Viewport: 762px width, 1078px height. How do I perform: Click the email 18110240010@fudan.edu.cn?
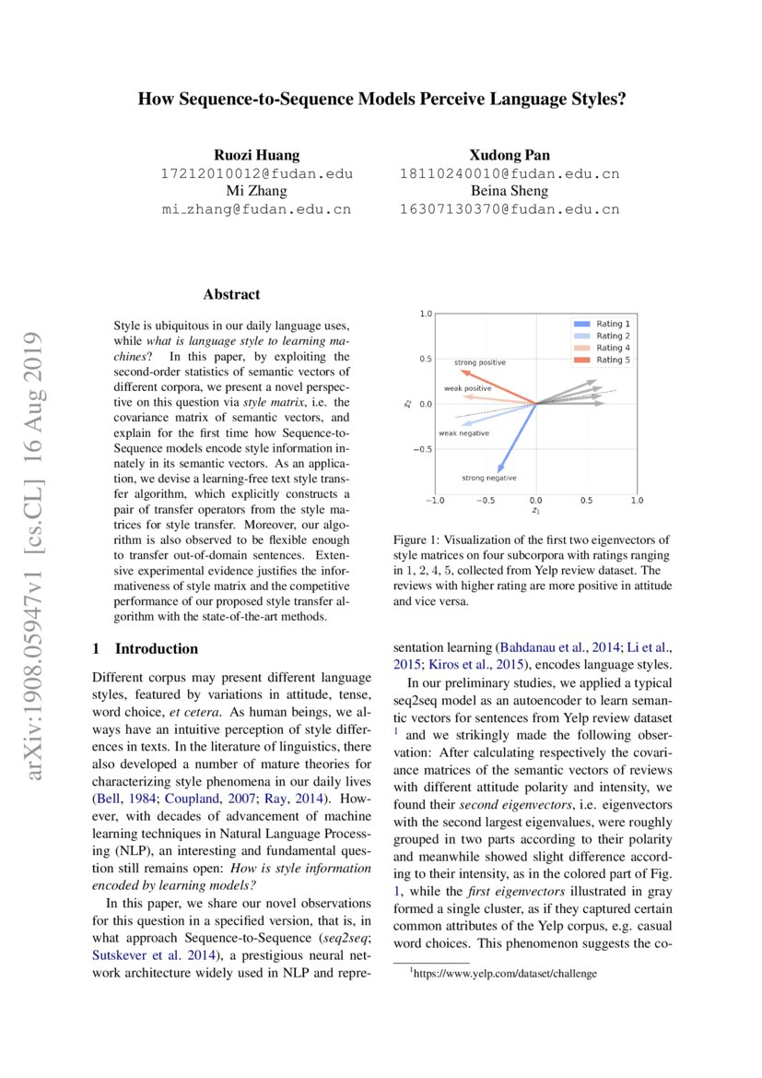(509, 173)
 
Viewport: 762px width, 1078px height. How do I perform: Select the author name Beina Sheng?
(509, 191)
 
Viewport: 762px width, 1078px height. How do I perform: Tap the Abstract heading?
(231, 294)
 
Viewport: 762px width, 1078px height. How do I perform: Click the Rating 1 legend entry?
(612, 325)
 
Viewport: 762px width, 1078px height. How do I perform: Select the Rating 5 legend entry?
(612, 360)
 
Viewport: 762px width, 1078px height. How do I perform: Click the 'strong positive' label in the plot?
(479, 362)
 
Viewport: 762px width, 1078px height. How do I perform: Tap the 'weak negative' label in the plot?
(463, 432)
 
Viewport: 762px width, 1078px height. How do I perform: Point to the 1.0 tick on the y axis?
(426, 314)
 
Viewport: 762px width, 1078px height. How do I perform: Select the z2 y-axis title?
(408, 403)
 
